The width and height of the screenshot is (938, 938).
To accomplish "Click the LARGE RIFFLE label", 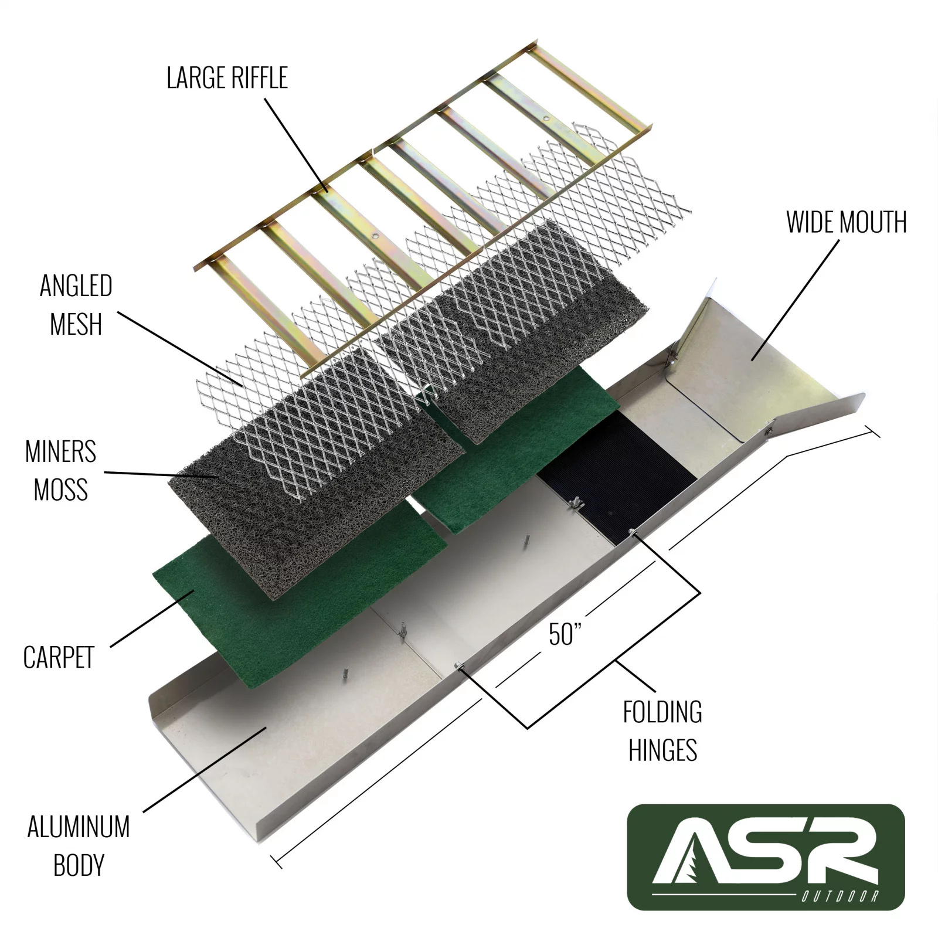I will point(227,78).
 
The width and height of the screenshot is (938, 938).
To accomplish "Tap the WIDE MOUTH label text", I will point(846,223).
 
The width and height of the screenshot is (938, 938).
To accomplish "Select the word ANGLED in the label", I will point(76,286).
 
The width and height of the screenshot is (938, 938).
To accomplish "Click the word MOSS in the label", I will point(60,490).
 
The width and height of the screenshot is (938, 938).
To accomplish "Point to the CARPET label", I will point(59,658).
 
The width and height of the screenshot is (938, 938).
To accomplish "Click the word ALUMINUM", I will point(79,827).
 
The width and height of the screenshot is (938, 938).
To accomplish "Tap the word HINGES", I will point(662,750).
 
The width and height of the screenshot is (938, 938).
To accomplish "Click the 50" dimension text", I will point(565,634).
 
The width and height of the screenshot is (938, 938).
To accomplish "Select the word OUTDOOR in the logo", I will point(840,896).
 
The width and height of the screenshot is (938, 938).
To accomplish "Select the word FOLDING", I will point(662,712).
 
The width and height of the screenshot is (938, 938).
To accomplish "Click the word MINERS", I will point(60,452).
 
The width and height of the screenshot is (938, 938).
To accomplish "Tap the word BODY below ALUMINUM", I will point(79,865).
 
